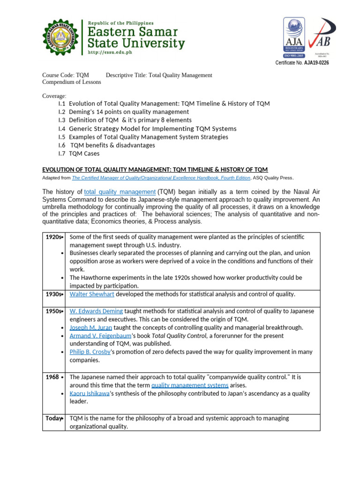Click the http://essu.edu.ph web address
[x=110, y=52]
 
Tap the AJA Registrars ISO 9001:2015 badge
[x=293, y=37]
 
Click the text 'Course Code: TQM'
[x=65, y=75]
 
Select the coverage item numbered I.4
[x=148, y=128]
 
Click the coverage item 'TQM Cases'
[x=84, y=153]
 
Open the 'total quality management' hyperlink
[x=120, y=192]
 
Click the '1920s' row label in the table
[x=54, y=237]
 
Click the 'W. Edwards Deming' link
[x=96, y=311]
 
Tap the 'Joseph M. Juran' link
[x=91, y=328]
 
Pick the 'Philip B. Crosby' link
[x=90, y=352]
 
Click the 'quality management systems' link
[x=190, y=385]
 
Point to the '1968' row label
[x=52, y=377]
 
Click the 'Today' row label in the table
[x=53, y=418]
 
